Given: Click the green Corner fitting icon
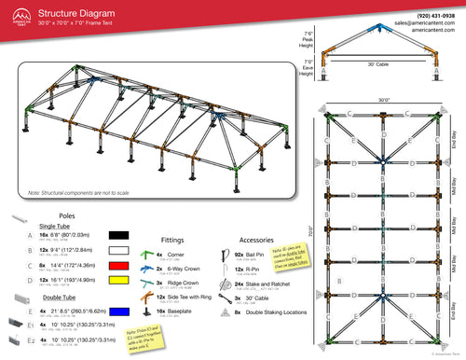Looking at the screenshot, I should pos(145,254).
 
